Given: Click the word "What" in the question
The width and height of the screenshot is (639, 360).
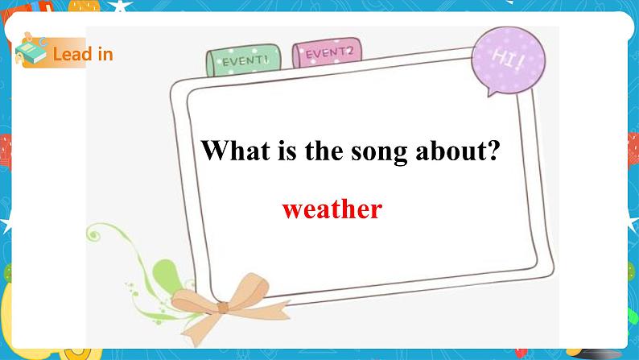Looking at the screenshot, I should (x=229, y=151).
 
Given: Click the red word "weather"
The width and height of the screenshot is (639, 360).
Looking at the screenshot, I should (x=332, y=209).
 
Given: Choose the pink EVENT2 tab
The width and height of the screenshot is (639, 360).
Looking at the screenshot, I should (x=328, y=55).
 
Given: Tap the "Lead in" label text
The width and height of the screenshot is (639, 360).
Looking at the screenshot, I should (x=82, y=55).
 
